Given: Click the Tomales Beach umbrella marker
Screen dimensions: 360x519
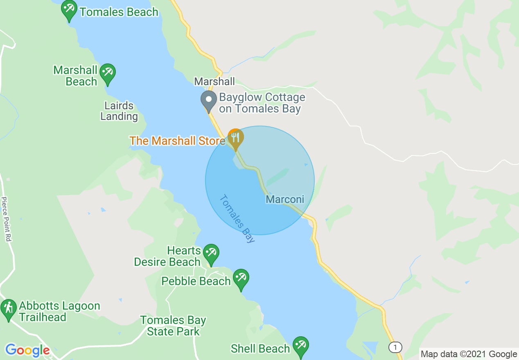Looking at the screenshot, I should pyautogui.click(x=69, y=9).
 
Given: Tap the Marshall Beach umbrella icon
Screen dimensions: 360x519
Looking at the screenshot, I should pyautogui.click(x=107, y=73).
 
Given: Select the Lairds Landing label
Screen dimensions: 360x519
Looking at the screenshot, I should pyautogui.click(x=119, y=111).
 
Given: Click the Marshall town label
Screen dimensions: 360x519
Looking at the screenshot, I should pyautogui.click(x=214, y=81).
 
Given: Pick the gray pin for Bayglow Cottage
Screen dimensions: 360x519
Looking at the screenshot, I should pyautogui.click(x=209, y=100).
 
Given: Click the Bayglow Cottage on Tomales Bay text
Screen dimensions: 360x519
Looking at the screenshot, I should pyautogui.click(x=262, y=103).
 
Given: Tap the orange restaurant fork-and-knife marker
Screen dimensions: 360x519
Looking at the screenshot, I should pyautogui.click(x=235, y=138).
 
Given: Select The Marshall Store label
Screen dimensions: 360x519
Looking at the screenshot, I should pyautogui.click(x=177, y=141).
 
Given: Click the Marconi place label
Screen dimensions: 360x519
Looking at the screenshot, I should pyautogui.click(x=285, y=199).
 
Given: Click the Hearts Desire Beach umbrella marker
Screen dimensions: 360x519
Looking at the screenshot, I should pyautogui.click(x=211, y=253).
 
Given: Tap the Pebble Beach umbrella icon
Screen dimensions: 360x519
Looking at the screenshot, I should pyautogui.click(x=241, y=279).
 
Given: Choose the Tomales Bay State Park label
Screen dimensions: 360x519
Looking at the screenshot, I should pyautogui.click(x=173, y=326).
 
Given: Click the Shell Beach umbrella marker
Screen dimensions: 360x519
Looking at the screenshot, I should pyautogui.click(x=301, y=346).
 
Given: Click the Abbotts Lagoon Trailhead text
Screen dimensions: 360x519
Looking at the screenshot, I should pyautogui.click(x=59, y=311).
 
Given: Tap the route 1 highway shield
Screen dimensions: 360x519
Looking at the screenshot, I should pyautogui.click(x=395, y=348).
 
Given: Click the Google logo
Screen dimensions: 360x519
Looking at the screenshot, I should pyautogui.click(x=27, y=350).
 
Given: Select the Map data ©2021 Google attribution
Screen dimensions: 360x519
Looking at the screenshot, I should pyautogui.click(x=469, y=354).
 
